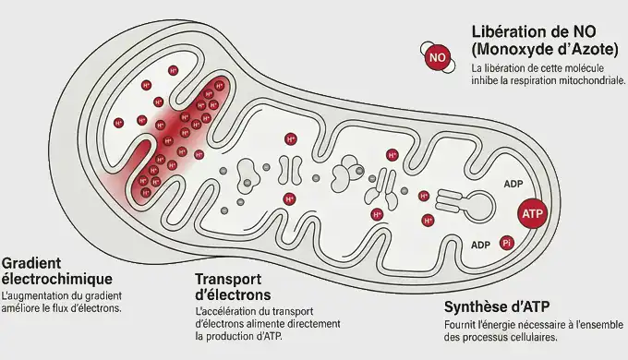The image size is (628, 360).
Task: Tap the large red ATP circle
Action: coord(533,213)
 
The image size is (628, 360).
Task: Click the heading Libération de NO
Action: coord(537,31)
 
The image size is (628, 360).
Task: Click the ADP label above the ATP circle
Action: coord(513,184)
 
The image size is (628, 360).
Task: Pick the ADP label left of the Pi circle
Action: coord(480,245)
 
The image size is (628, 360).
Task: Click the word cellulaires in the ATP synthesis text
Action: coord(531,337)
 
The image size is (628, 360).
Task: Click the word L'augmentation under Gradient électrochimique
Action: coord(40,295)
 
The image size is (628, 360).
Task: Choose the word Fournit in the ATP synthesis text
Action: coord(460,325)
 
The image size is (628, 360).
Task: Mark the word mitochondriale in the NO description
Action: coord(593,81)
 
